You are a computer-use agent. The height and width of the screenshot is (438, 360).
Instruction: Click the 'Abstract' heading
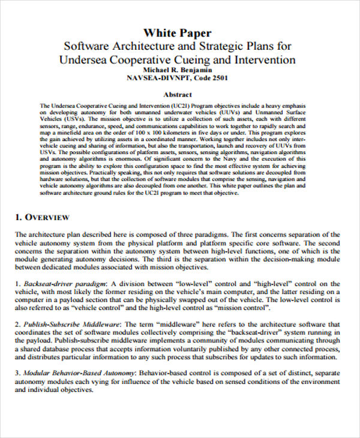coord(178,95)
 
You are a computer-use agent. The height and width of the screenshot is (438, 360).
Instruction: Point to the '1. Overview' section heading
coord(42,217)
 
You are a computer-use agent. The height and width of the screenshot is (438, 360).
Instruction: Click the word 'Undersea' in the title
coord(85,59)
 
